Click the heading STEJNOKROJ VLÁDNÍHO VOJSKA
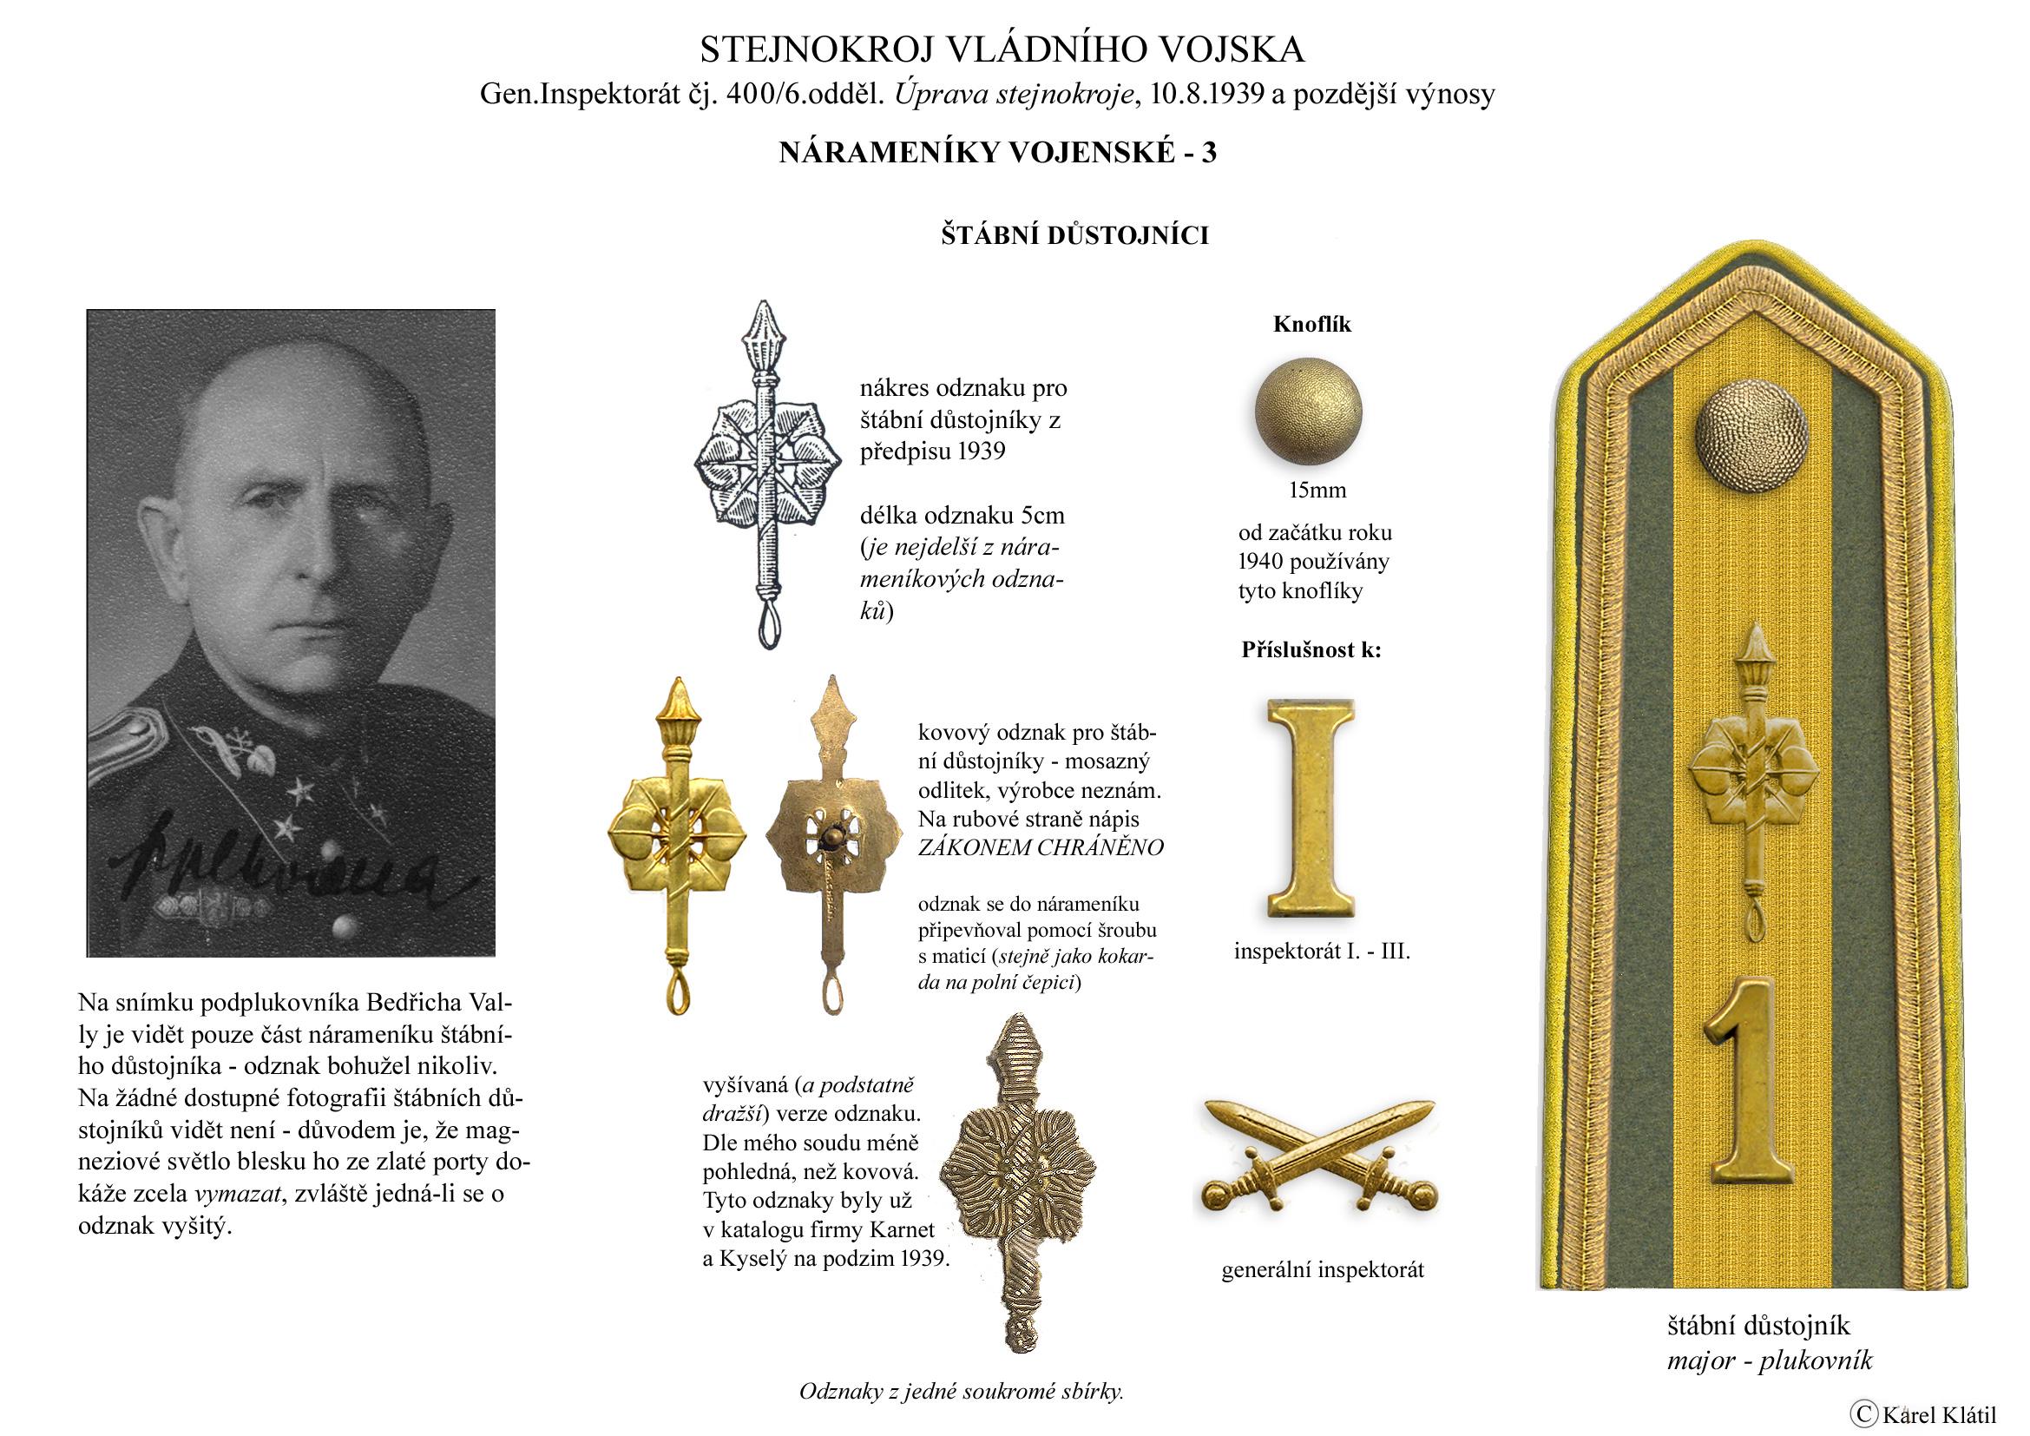[x=1002, y=50]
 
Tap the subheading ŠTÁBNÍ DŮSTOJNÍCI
[x=1074, y=236]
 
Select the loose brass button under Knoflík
[x=1309, y=412]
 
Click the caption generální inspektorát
[x=1323, y=1271]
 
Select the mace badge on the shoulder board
[x=1752, y=778]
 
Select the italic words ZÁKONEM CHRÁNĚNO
[x=1041, y=847]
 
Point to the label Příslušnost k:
[x=1311, y=651]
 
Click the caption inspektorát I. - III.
[x=1322, y=952]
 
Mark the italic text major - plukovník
[x=1770, y=1359]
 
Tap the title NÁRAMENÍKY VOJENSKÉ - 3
[x=997, y=153]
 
